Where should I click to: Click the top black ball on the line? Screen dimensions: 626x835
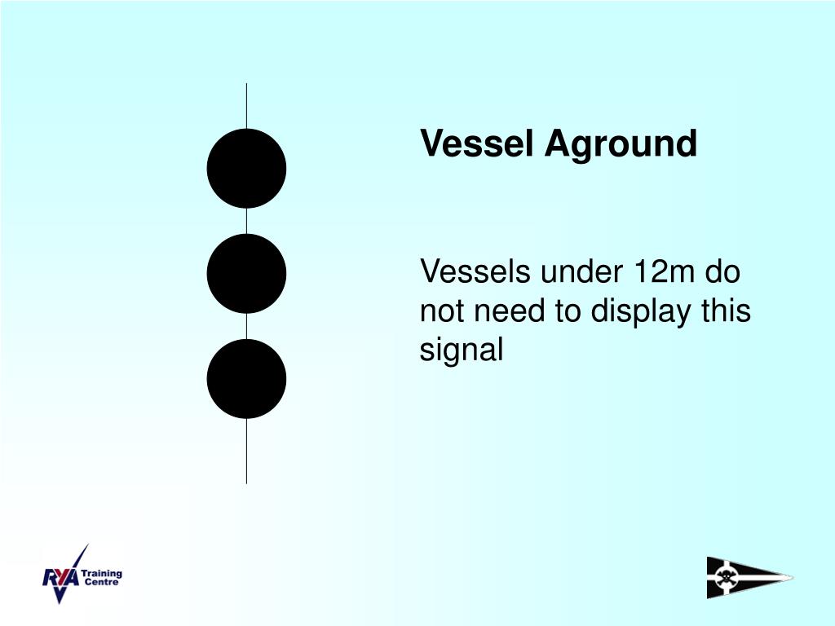246,168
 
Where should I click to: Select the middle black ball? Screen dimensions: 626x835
246,273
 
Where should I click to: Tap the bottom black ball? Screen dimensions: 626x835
246,379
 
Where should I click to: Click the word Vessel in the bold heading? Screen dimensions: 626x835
478,144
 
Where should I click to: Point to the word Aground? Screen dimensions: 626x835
621,144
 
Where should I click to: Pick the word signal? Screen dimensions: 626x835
462,350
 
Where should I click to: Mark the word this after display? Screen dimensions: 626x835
724,311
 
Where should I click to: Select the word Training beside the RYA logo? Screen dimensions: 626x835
102,573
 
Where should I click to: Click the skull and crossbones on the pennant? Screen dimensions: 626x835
724,578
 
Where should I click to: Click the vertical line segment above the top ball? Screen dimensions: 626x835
246,106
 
